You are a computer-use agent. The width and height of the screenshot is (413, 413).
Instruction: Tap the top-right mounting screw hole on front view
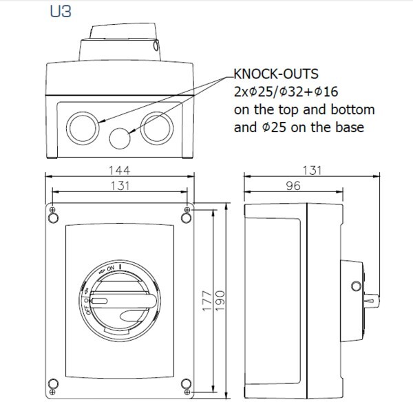184,218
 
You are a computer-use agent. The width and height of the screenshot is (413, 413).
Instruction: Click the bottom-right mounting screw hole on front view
184,383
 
